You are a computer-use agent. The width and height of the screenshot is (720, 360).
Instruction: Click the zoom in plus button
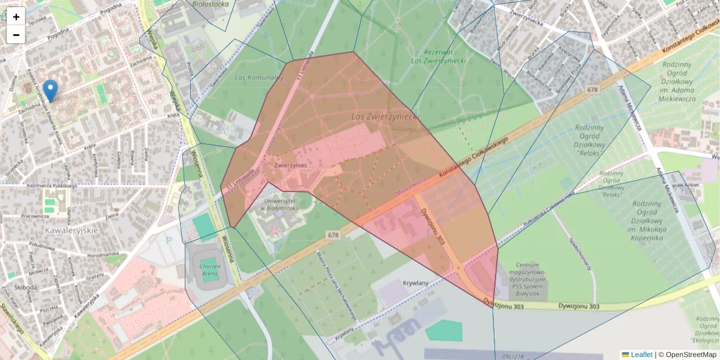click(x=16, y=17)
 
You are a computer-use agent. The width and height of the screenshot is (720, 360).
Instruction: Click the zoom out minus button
click(x=16, y=35)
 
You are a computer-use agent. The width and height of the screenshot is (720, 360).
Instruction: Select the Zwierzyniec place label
click(x=290, y=164)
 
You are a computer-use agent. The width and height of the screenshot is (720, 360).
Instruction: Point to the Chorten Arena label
click(x=210, y=270)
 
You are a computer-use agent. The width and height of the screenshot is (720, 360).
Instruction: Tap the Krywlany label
click(x=416, y=283)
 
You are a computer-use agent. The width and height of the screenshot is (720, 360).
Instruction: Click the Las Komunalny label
click(x=259, y=77)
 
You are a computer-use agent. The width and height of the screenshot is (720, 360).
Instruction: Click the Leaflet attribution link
click(x=641, y=355)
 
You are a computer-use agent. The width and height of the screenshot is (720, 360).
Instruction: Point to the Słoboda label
click(x=23, y=287)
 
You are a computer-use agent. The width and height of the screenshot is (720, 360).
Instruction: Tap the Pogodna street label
click(x=110, y=11)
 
